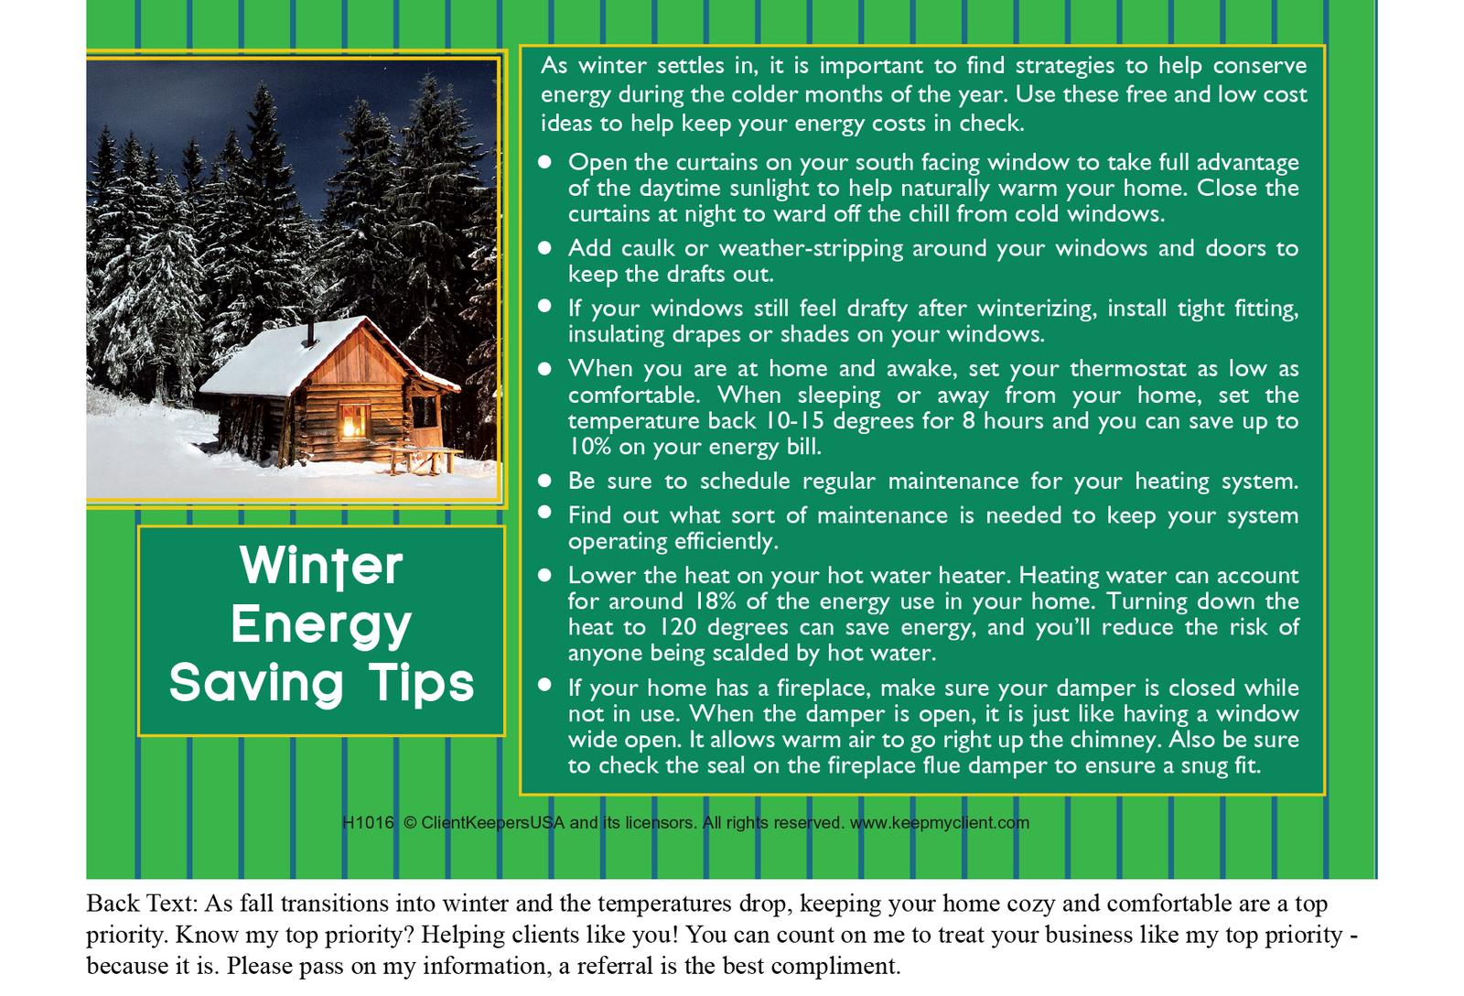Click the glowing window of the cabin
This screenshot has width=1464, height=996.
(x=352, y=420)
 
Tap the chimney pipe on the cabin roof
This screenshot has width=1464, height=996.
(x=310, y=333)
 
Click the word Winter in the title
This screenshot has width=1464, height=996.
(x=321, y=567)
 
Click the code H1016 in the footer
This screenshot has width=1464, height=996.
(x=368, y=823)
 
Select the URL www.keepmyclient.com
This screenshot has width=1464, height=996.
(x=939, y=823)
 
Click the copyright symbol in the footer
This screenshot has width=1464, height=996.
(x=410, y=823)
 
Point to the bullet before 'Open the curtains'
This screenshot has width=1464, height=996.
(x=544, y=161)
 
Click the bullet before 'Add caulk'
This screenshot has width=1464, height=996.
(x=544, y=248)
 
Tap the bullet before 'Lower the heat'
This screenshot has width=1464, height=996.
(x=544, y=576)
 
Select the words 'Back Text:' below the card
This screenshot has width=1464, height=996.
(x=142, y=904)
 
